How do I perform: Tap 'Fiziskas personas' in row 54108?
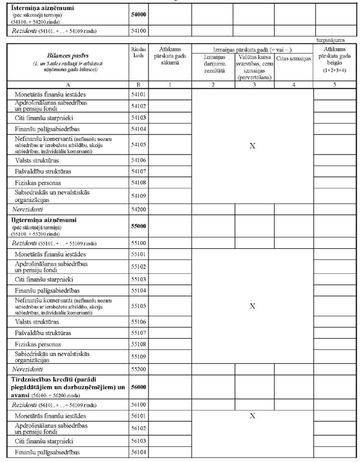pyautogui.click(x=38, y=182)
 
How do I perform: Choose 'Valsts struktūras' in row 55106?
pyautogui.click(x=39, y=321)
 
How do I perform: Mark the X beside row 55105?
pyautogui.click(x=252, y=306)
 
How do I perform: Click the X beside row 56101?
pyautogui.click(x=252, y=416)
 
